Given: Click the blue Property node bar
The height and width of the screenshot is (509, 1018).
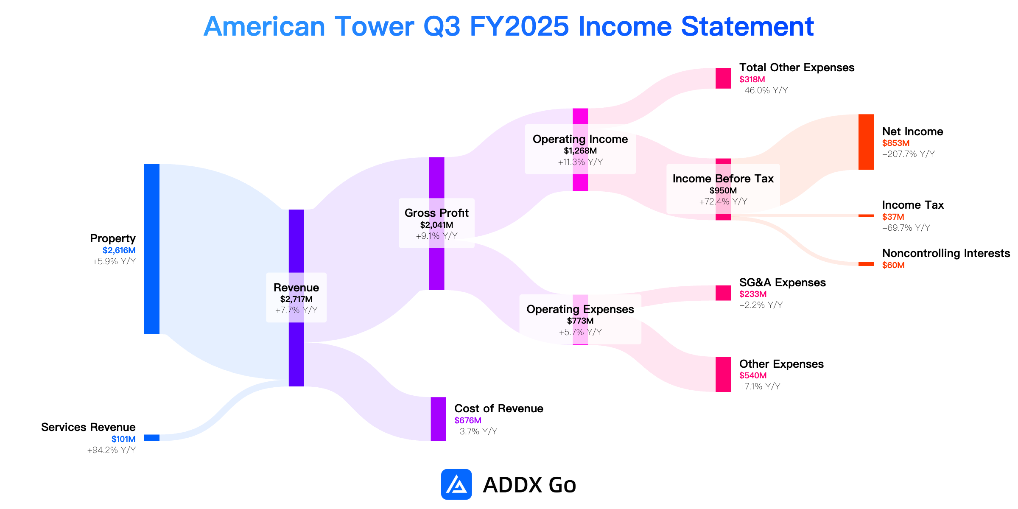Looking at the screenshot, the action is coord(152,249).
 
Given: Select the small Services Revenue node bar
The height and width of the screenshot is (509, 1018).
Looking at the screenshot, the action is coord(152,438).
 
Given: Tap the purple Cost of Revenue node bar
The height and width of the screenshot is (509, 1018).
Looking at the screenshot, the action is coord(438,419).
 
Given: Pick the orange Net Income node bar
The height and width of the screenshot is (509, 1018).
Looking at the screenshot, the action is coord(866,142).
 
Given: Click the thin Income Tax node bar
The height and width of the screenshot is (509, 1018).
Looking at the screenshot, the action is coord(866,215).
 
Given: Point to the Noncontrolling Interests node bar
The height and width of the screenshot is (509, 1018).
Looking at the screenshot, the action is coord(866,264).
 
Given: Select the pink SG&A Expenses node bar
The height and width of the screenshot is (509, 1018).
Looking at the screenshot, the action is coord(723,293).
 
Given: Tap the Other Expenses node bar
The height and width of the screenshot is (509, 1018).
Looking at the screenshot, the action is coord(723,374).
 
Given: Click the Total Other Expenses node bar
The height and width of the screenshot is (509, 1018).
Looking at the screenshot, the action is coord(723,78).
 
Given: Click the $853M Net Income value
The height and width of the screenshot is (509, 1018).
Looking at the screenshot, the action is coord(896,143).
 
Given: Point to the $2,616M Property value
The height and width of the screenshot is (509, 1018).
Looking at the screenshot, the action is coord(119,250).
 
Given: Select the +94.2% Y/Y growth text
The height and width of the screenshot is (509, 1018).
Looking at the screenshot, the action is coord(112,450).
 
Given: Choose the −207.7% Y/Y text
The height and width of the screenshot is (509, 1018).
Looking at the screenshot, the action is coord(909,154).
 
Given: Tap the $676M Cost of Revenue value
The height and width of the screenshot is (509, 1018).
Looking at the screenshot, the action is coord(468,420).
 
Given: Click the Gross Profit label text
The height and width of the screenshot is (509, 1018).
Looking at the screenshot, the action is coord(436,213).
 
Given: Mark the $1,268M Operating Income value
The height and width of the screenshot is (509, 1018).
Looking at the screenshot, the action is coord(580,151).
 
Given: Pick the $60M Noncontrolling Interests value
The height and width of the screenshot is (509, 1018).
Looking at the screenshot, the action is coord(893,265).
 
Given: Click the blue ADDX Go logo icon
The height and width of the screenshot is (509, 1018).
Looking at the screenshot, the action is coord(456,484).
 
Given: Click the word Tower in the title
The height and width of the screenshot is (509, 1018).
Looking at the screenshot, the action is coord(374,26).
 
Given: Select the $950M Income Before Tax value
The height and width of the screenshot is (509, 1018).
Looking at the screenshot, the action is coord(723,190).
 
